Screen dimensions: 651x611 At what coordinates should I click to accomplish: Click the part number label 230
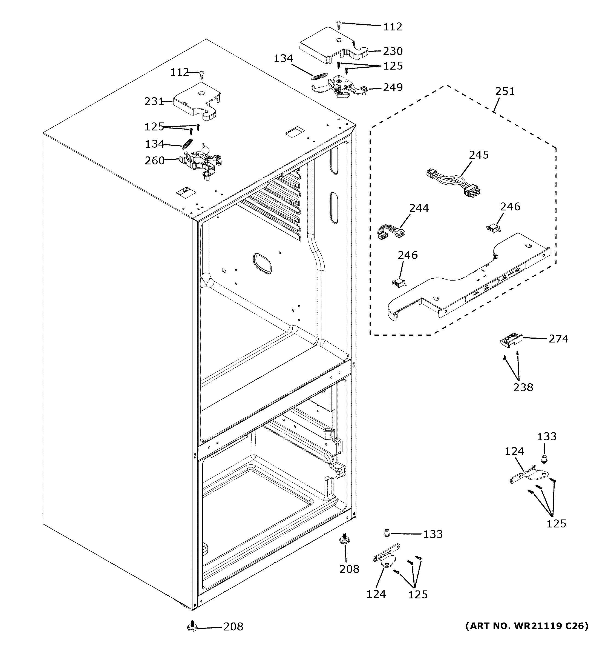(x=393, y=52)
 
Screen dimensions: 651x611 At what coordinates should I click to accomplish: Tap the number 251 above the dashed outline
(x=505, y=91)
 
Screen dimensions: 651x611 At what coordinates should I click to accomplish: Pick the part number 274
(x=558, y=339)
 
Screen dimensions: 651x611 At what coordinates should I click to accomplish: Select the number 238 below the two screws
(x=523, y=387)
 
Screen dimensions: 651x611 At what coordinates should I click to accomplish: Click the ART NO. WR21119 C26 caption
(x=527, y=626)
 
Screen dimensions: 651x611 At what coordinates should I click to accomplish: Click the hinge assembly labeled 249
(x=340, y=88)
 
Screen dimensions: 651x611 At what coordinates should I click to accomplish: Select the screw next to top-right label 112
(x=339, y=24)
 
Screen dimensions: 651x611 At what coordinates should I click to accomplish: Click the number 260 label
(x=154, y=161)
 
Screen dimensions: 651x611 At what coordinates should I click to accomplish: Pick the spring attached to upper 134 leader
(x=319, y=76)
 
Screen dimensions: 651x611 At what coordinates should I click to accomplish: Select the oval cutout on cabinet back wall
(x=262, y=263)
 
